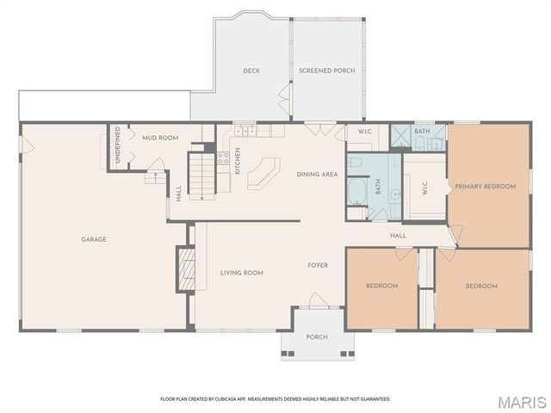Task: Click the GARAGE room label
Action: pos(94,239)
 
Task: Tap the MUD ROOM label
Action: pos(159,138)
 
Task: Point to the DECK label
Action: pos(251,71)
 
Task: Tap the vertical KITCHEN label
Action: pos(238,161)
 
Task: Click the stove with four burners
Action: pos(223,158)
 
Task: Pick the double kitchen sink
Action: pos(243,132)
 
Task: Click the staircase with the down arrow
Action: pos(201,175)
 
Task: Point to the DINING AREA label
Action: pos(316,175)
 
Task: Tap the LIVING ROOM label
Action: pos(241,273)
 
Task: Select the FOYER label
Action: pos(318,265)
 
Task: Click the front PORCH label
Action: pos(317,336)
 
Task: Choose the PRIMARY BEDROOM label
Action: pos(486,186)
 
